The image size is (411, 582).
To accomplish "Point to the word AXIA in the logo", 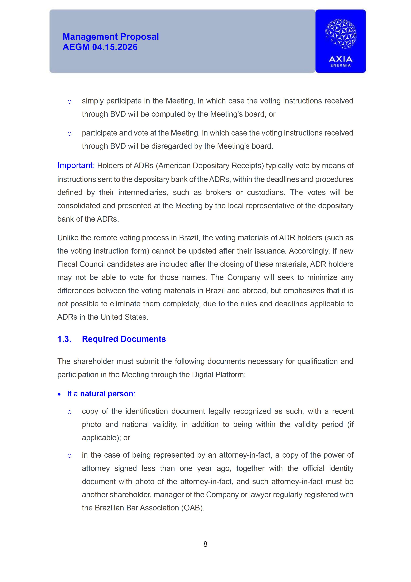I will [340, 59].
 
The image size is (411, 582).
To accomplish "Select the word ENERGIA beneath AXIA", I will [340, 65].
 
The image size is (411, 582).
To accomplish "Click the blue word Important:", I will [76, 166].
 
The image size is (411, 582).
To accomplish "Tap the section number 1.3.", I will [64, 339].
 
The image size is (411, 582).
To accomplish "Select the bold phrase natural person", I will [107, 394].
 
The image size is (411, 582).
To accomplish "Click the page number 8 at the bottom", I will [205, 544].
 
